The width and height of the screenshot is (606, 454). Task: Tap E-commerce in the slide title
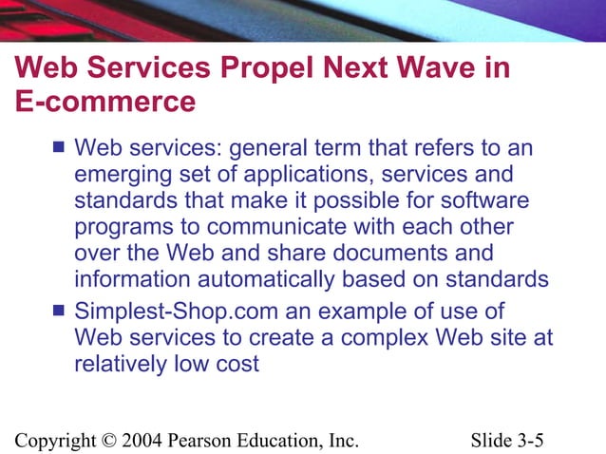[x=105, y=100]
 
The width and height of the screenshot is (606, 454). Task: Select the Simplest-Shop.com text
[x=166, y=311]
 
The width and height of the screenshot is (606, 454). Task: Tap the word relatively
[x=120, y=363]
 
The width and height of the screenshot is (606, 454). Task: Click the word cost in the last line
[x=238, y=364]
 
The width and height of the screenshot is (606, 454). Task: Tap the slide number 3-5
[x=536, y=440]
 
